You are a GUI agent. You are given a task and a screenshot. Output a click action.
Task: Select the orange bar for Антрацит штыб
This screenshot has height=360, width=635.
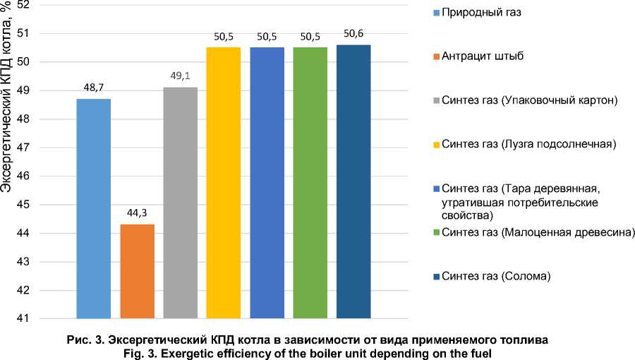(x=137, y=271)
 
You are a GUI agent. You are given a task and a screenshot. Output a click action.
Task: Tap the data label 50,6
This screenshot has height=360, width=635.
(x=353, y=36)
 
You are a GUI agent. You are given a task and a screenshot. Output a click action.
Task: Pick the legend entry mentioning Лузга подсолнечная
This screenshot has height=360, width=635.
(x=528, y=144)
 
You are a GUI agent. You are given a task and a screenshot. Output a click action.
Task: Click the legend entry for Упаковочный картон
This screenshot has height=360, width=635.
(x=530, y=100)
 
